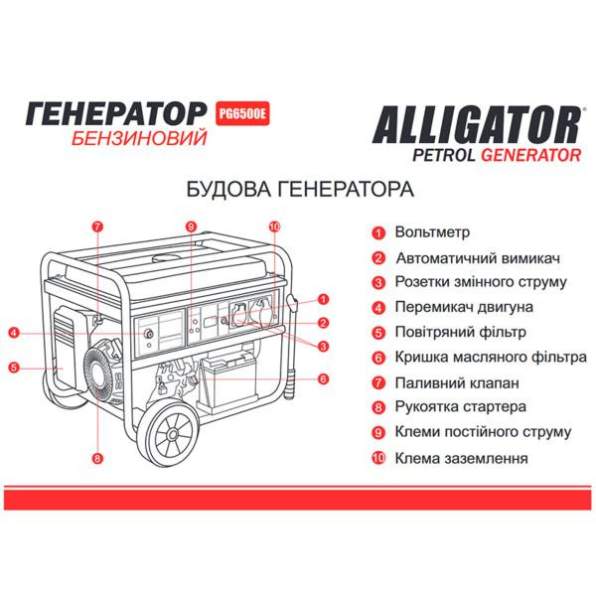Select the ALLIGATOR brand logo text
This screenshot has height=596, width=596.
pos(476,126)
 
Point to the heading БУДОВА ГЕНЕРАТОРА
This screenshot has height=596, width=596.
pos(299,189)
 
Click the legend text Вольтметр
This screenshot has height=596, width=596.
pos(432,231)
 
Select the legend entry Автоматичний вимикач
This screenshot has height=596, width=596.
pos(465,256)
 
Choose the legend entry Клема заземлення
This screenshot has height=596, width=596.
pos(460,459)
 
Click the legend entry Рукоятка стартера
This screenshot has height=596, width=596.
pos(459,407)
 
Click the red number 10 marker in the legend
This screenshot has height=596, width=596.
pos(377,459)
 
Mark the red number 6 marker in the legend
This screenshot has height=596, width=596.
pos(378,358)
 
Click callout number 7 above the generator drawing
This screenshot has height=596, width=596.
pos(97,226)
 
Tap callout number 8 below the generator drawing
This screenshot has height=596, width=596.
pos(97,458)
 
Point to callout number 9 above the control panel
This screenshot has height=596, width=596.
pos(189,226)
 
